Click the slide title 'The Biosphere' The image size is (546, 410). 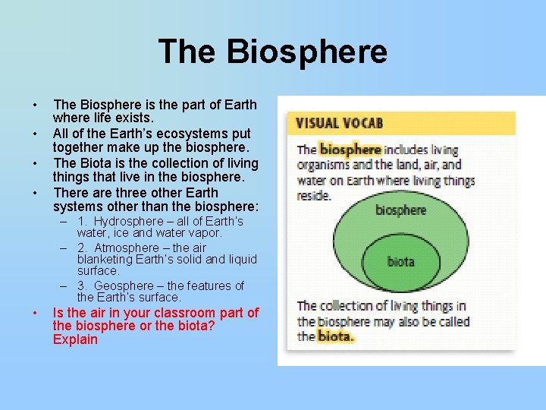point(273,52)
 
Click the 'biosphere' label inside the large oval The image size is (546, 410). point(400,210)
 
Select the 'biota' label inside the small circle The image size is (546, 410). point(400,262)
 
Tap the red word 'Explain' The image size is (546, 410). point(75,339)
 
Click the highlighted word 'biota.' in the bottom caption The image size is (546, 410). point(335,336)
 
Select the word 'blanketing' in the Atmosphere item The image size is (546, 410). point(105,259)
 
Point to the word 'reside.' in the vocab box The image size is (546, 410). point(314,195)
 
